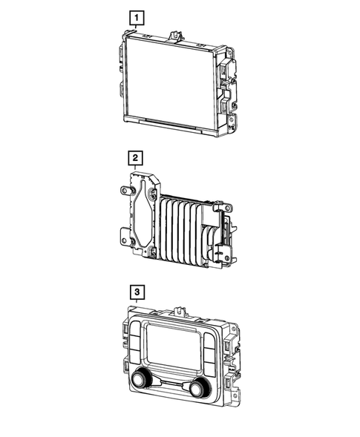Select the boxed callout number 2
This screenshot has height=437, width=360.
(135, 158)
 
